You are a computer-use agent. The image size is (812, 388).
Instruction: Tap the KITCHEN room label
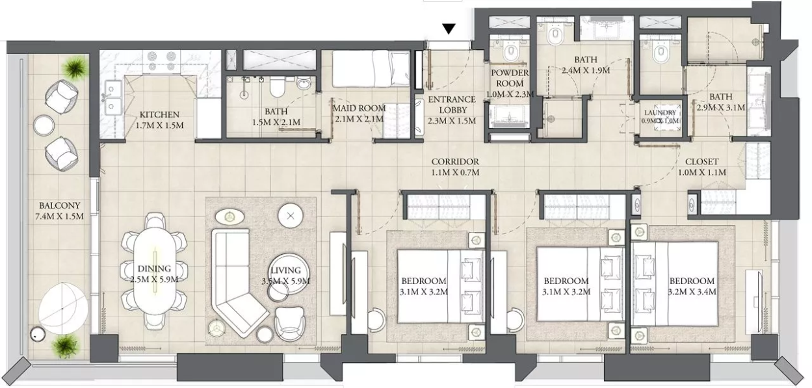159,114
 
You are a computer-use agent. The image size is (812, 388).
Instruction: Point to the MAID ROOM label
360,108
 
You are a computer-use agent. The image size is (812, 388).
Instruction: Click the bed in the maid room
371,69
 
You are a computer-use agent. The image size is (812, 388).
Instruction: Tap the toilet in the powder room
511,52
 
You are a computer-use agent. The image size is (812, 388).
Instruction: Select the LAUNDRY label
660,112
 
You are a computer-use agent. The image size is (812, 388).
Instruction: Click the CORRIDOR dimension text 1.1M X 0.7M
455,172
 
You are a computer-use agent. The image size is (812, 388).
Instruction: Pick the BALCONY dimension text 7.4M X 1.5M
59,216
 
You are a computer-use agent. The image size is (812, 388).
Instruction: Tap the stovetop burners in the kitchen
160,61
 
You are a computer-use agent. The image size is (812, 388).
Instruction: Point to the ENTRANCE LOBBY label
452,105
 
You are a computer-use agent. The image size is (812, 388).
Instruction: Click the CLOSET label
701,162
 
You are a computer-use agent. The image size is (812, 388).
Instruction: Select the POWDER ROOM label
510,78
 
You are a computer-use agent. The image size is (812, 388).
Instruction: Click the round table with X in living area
291,216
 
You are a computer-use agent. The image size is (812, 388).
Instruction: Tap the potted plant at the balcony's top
75,67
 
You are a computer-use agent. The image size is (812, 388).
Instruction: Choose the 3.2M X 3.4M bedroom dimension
692,292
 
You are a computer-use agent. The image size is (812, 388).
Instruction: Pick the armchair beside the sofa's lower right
289,323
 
